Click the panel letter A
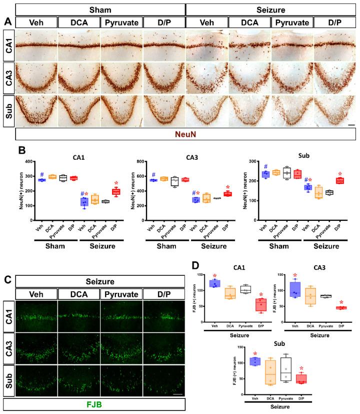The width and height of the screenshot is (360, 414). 7,22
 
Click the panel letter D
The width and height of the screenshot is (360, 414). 197,263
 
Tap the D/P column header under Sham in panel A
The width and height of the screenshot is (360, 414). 163,23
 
